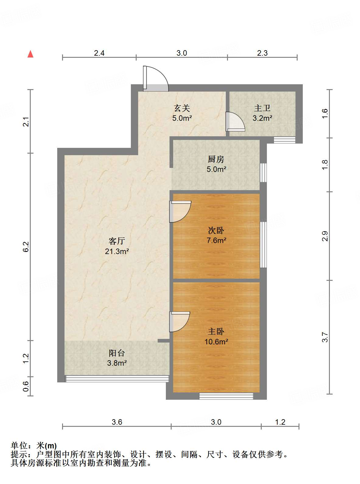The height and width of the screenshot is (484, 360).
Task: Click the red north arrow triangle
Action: click(30, 54)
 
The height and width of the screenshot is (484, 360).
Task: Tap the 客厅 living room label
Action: click(117, 241)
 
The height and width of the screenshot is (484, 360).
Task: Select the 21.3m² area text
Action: click(117, 251)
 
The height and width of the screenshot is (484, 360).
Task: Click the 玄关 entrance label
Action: click(182, 108)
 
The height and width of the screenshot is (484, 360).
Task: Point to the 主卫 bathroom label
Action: click(262, 108)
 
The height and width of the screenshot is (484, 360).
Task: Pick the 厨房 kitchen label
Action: click(216, 159)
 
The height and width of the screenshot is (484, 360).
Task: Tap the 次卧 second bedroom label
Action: click(216, 230)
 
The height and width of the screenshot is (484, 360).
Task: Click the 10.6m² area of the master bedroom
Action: click(216, 342)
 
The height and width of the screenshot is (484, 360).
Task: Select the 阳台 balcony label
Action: click(117, 353)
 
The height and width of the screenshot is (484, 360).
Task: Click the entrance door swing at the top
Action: click(156, 78)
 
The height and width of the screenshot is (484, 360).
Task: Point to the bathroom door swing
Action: click(235, 122)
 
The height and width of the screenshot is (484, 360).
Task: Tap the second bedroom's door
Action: click(180, 212)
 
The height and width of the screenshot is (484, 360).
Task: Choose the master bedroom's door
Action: click(180, 322)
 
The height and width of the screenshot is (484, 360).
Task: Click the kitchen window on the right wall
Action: click(263, 172)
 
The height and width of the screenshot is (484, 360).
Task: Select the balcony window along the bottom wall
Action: click(117, 379)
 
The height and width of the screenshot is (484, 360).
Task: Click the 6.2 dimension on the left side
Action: click(26, 247)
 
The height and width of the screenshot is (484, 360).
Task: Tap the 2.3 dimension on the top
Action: click(262, 53)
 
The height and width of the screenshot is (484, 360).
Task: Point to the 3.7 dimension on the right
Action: click(325, 337)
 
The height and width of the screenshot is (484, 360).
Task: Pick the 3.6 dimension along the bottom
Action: click(117, 422)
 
